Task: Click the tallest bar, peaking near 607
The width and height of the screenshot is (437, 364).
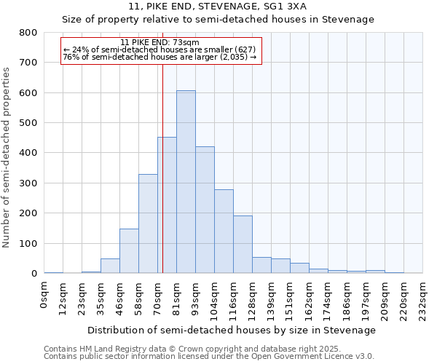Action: [186, 182]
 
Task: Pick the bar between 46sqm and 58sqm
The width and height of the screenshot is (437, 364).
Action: [129, 251]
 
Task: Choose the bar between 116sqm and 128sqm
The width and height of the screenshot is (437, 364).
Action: [243, 245]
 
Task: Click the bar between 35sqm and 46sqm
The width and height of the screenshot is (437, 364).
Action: [110, 266]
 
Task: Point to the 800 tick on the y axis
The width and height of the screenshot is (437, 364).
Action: [28, 33]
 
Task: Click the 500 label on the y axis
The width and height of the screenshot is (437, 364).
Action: [28, 123]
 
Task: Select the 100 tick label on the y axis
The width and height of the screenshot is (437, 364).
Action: [28, 243]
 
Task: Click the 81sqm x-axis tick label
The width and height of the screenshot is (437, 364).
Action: [177, 298]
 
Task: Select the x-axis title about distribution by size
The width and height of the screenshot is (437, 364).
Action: [233, 330]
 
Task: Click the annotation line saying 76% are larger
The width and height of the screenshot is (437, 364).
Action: [160, 57]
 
